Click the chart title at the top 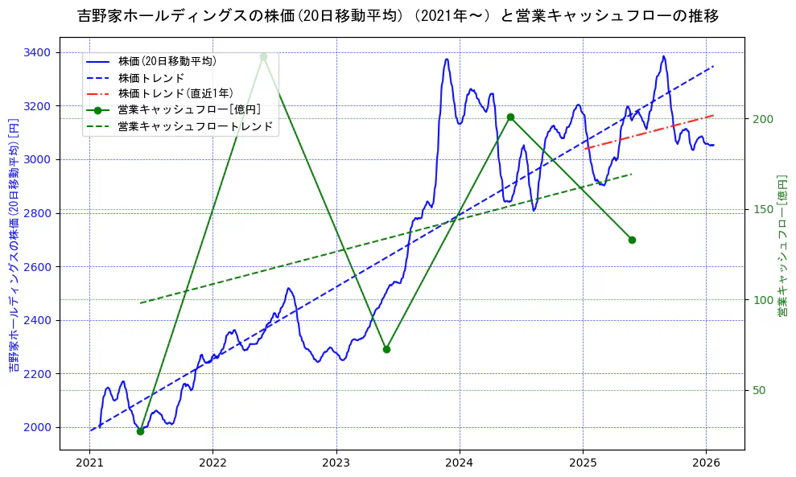click(x=398, y=15)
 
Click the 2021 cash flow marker click(x=140, y=431)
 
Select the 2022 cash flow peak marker click(x=263, y=56)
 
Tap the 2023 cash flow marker click(x=386, y=349)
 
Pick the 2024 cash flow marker click(x=510, y=117)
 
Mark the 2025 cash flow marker click(x=632, y=240)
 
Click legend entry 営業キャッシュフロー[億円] click(x=188, y=109)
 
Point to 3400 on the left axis click(x=36, y=52)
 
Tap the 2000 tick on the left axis click(x=36, y=427)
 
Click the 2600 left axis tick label click(x=36, y=266)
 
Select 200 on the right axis click(x=763, y=119)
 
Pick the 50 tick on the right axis click(x=760, y=390)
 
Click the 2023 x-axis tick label click(x=336, y=464)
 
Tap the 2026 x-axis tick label click(x=706, y=464)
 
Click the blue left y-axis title click(x=13, y=245)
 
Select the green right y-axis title click(x=782, y=245)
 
